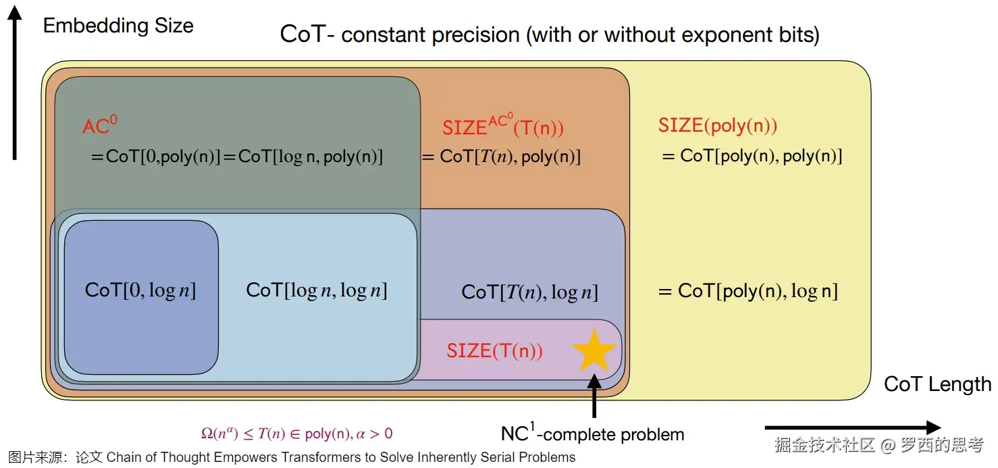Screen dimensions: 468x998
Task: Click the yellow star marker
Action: pos(594,350)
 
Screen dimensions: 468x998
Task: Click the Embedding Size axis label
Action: pos(118,26)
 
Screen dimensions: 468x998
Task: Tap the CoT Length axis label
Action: pos(937,384)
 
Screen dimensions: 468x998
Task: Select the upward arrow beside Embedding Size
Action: pos(15,84)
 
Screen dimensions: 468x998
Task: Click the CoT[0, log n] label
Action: pos(140,290)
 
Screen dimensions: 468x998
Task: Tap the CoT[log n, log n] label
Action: pos(317,290)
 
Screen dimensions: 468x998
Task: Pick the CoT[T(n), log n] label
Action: pos(529,292)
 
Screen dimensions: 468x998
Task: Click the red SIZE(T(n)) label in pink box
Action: pos(494,350)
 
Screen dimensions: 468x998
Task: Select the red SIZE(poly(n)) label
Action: pos(718,126)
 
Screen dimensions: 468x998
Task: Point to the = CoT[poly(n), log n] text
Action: pos(747,291)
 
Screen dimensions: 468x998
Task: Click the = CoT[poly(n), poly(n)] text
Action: pos(752,156)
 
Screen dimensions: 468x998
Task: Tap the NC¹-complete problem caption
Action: pos(592,433)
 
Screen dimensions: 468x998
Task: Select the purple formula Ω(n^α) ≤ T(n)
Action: pos(296,434)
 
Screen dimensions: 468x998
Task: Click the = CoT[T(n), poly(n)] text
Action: pos(501,157)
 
